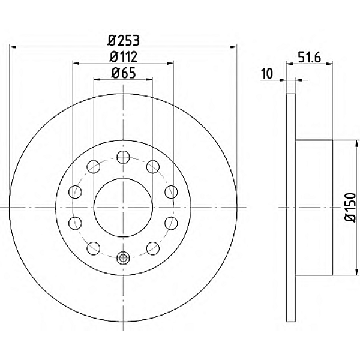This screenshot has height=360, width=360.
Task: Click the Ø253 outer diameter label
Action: [124, 41]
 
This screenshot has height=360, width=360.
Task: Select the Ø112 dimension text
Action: [124, 58]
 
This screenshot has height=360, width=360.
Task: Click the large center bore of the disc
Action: [123, 208]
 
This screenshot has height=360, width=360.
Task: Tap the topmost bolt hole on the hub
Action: [123, 158]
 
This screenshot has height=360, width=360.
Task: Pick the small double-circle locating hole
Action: [123, 259]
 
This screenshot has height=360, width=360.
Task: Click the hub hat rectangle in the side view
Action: [314, 207]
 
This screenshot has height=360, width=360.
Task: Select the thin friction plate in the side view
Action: [291, 207]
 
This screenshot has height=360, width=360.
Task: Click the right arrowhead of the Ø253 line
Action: [234, 47]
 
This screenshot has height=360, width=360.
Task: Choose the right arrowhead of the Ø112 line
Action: [172, 63]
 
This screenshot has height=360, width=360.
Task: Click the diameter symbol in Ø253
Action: [112, 41]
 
